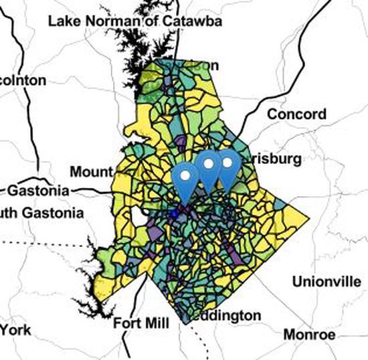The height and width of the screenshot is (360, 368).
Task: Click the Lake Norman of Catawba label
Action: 135,21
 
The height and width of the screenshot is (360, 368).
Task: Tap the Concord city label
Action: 296,114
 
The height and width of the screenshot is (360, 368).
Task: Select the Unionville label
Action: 326,282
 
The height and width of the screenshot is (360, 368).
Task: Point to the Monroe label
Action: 309,334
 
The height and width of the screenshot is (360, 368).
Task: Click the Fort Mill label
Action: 141,323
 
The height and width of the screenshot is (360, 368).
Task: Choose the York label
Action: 16,329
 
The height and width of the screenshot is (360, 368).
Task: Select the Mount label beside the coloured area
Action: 92,173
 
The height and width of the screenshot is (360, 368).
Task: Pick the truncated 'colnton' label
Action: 23,80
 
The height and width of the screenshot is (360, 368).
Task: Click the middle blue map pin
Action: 208,171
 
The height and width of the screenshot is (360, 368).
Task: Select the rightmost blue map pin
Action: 227,170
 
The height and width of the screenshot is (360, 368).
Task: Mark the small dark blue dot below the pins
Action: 175,213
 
